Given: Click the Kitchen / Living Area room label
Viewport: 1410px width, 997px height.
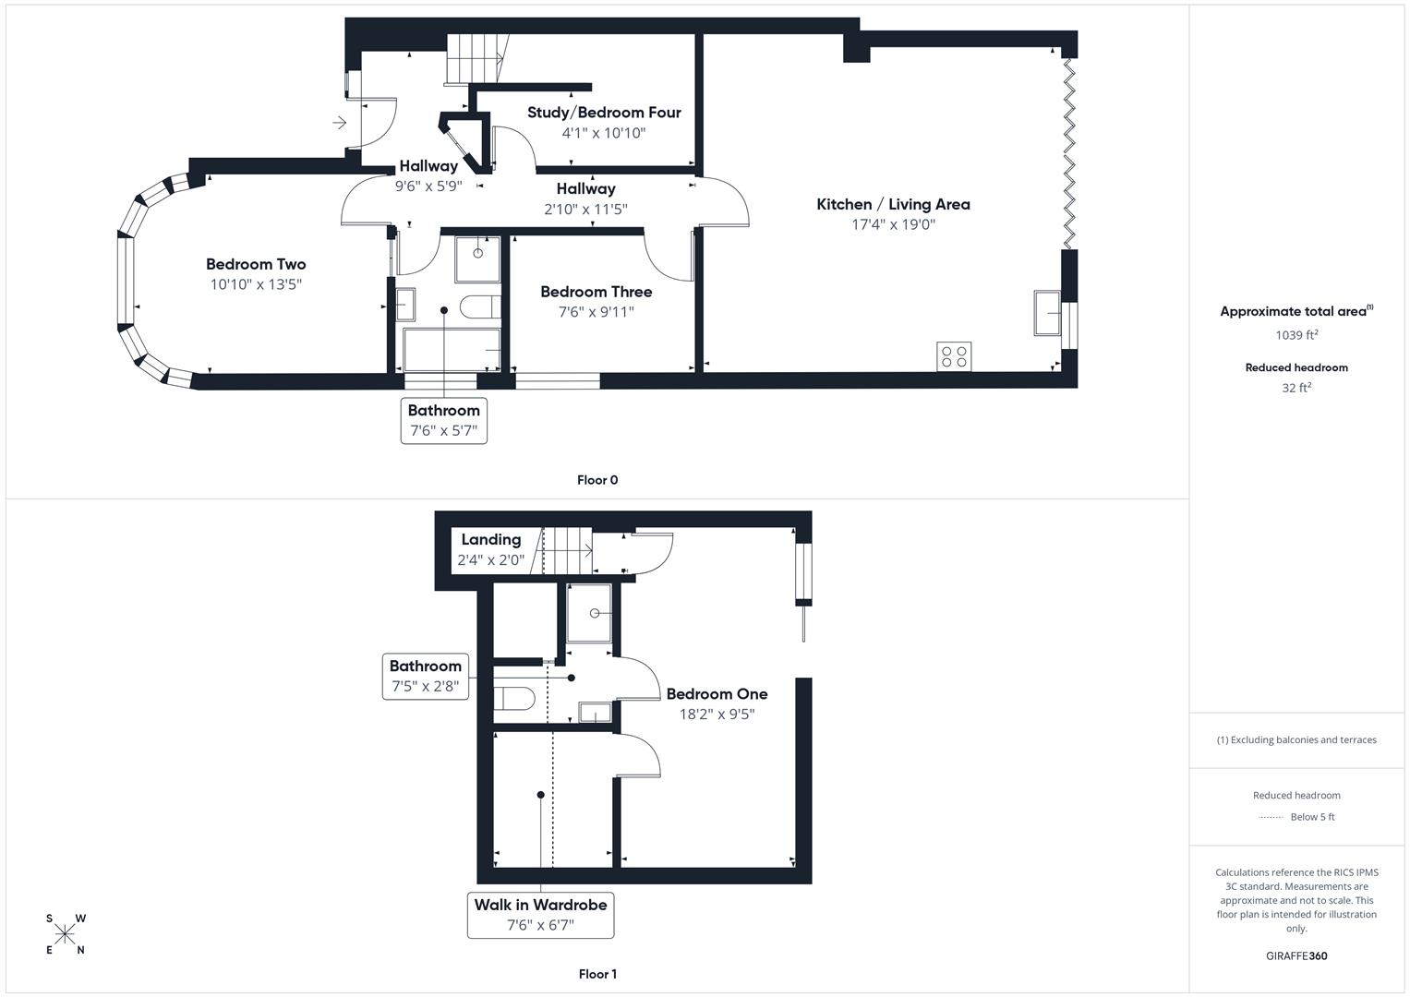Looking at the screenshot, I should coord(893,204).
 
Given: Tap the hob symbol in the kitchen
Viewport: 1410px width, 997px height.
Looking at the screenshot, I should coord(954,356).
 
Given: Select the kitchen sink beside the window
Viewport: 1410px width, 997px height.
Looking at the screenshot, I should coord(1047,313).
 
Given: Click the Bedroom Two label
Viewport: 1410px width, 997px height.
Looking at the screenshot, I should coord(256,264).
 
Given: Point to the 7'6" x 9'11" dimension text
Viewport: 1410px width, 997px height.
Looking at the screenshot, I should coord(596,312).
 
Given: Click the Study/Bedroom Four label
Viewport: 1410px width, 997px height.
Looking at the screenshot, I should coord(604,113).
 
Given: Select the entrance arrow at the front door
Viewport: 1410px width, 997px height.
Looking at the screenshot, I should coord(339,123).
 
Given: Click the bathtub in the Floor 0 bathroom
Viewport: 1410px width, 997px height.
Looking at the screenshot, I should coord(452,350).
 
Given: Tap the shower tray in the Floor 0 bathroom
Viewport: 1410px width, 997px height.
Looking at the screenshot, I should coord(477,259).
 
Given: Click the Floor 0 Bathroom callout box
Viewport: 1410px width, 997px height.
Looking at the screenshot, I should coord(443,421).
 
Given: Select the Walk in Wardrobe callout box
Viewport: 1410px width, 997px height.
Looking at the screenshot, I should coord(540,915).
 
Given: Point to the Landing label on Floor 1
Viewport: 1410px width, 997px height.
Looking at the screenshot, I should coord(490,540).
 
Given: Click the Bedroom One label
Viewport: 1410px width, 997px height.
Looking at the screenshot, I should coord(717,694).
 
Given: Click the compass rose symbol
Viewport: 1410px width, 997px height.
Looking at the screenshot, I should coord(65,934).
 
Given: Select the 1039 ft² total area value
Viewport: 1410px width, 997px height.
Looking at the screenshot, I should coord(1296,335).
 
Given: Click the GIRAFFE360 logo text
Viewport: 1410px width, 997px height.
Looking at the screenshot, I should coord(1296,956).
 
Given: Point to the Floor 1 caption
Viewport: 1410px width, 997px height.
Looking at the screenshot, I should coord(597,974).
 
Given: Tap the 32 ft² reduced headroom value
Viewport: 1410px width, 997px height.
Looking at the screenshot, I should coord(1296,388).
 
